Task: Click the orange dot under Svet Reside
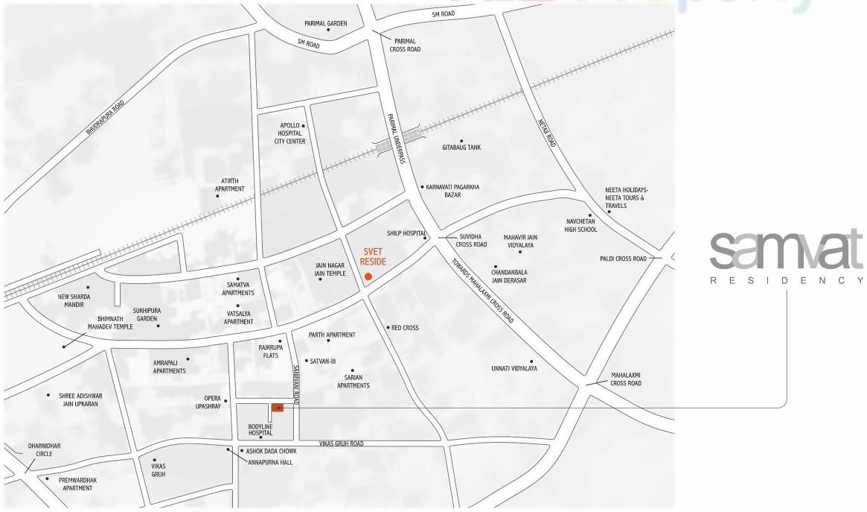pyautogui.click(x=368, y=277)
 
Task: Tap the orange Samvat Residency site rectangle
pyautogui.click(x=278, y=408)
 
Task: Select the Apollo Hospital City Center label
pyautogui.click(x=289, y=133)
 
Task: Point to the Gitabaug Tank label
pyautogui.click(x=461, y=148)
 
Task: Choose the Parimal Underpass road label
pyautogui.click(x=395, y=139)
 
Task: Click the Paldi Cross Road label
pyautogui.click(x=624, y=259)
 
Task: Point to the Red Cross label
pyautogui.click(x=406, y=327)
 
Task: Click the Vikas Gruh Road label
pyautogui.click(x=341, y=443)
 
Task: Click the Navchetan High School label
pyautogui.click(x=580, y=226)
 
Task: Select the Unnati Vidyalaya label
pyautogui.click(x=514, y=368)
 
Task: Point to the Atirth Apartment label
pyautogui.click(x=228, y=185)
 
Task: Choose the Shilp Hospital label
pyautogui.click(x=406, y=233)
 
